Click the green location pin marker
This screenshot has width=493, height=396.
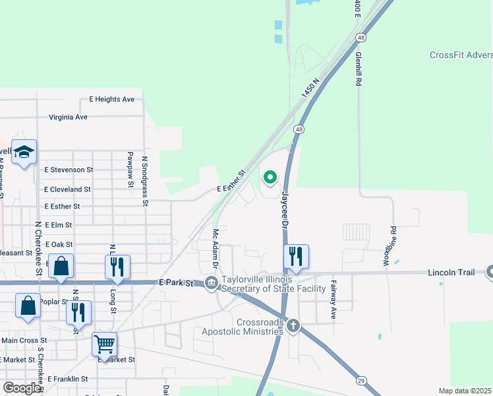click(x=270, y=177)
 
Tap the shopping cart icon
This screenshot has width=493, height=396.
click(x=104, y=343)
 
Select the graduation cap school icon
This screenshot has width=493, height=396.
click(x=24, y=152)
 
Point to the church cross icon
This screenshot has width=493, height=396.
click(x=293, y=325)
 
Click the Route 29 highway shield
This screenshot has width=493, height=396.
click(x=362, y=381)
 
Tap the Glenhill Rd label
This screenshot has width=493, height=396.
click(x=359, y=70)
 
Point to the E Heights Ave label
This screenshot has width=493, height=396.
click(x=112, y=99)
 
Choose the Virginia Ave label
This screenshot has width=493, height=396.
click(x=68, y=117)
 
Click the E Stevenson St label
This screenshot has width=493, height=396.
click(x=65, y=170)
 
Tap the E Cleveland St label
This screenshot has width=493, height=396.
click(x=67, y=189)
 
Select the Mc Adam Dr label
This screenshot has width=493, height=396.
click(x=215, y=247)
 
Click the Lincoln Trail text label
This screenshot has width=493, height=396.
click(x=451, y=272)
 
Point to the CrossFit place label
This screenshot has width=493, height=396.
click(x=461, y=55)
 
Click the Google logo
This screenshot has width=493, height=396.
click(x=22, y=388)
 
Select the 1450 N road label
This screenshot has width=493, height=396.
click(x=310, y=88)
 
